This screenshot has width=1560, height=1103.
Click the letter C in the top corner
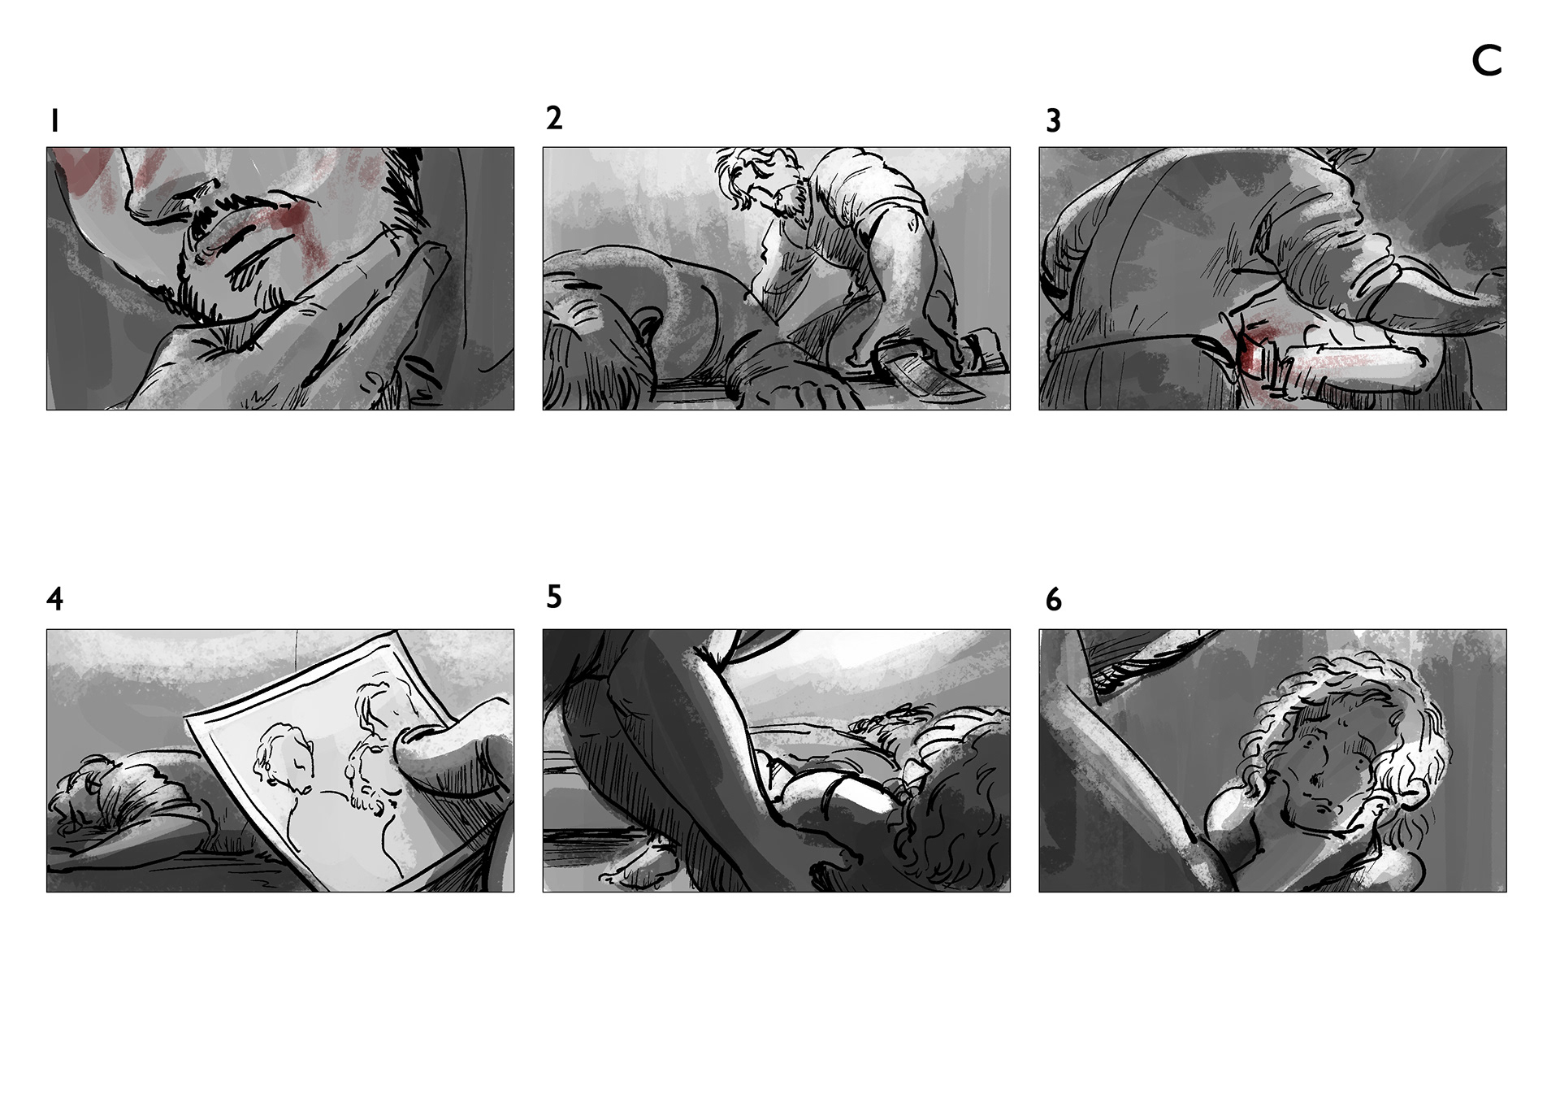[x=1487, y=61]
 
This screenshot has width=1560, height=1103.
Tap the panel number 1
[x=54, y=122]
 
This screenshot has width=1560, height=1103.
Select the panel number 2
[x=554, y=119]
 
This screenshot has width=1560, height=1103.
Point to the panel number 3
[x=1053, y=121]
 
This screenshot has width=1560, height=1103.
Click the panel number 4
[x=54, y=600]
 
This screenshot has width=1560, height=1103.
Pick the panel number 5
[x=554, y=597]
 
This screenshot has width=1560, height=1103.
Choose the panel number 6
[x=1053, y=600]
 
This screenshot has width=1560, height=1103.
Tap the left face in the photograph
[x=284, y=760]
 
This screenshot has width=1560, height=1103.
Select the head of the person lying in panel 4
[x=81, y=793]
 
